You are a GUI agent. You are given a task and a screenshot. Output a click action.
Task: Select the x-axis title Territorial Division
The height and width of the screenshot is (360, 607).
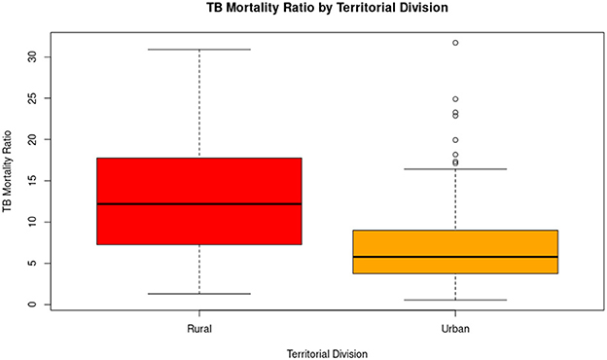coord(327,352)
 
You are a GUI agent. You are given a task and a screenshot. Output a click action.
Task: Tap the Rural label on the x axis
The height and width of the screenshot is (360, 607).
coord(199,329)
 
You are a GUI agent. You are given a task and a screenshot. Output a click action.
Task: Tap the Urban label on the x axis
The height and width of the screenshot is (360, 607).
coord(455,329)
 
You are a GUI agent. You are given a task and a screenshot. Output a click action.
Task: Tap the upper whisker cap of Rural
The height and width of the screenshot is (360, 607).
coord(199,50)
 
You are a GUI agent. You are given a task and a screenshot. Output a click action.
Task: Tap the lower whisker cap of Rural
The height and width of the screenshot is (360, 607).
coord(199,294)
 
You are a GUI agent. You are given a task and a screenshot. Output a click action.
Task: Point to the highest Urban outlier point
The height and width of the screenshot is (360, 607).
coord(455,43)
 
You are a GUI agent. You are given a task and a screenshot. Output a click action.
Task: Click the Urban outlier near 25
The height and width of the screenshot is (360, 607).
coord(455,99)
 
